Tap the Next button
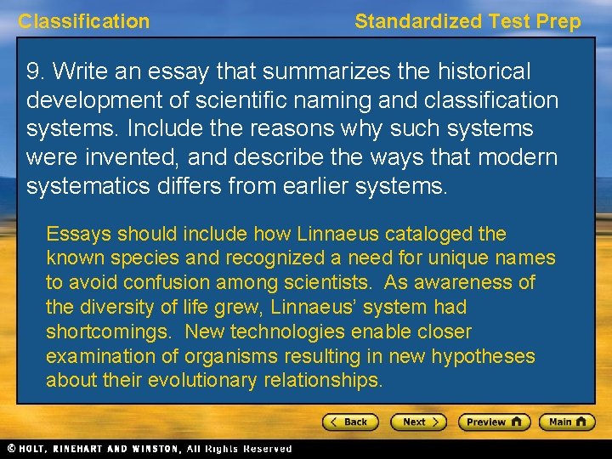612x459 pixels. (418, 422)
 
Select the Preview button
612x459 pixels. (494, 422)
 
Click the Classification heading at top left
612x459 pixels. (83, 22)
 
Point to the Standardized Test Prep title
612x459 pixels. (467, 22)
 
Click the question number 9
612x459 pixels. (34, 71)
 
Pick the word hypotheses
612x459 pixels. (484, 356)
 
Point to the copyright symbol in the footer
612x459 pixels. (10, 449)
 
